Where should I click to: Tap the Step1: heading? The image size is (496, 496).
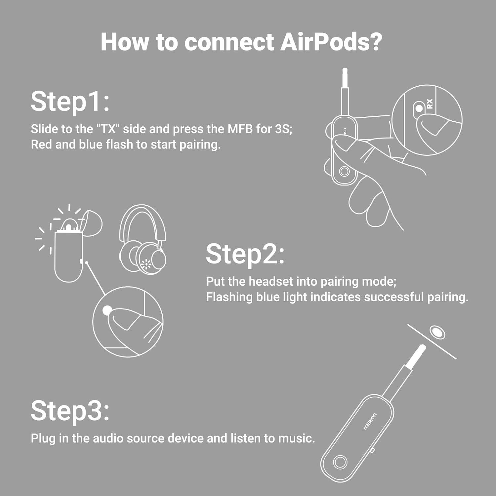[70, 102]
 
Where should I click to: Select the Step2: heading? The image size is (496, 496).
[245, 254]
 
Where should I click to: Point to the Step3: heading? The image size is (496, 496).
[70, 410]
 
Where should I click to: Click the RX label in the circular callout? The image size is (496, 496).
[430, 104]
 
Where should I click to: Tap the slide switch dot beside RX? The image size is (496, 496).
[419, 108]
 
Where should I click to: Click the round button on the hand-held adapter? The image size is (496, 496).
[344, 172]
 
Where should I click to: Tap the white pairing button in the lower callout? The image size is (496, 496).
[107, 310]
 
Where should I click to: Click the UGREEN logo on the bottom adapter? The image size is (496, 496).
[370, 421]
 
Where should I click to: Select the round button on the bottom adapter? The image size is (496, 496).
[340, 462]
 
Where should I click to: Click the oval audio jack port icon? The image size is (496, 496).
[437, 332]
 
